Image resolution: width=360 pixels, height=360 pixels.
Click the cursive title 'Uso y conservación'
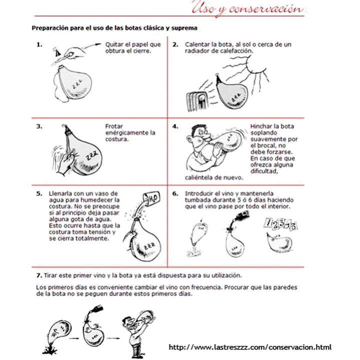(x=247, y=8)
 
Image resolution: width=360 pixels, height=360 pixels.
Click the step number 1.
(x=39, y=44)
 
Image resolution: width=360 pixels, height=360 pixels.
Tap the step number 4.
(x=175, y=126)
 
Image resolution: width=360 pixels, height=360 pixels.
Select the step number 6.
(x=175, y=193)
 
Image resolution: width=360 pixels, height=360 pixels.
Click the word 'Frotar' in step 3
(x=114, y=126)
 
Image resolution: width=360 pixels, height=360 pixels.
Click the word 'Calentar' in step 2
(x=196, y=44)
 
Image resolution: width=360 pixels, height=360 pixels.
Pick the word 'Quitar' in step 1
(x=113, y=44)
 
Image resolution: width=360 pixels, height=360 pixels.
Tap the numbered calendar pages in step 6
(x=280, y=224)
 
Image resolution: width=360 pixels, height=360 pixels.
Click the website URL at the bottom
(x=250, y=347)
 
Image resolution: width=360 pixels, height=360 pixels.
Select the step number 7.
(x=39, y=275)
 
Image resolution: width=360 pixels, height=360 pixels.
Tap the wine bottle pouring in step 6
(x=241, y=216)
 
